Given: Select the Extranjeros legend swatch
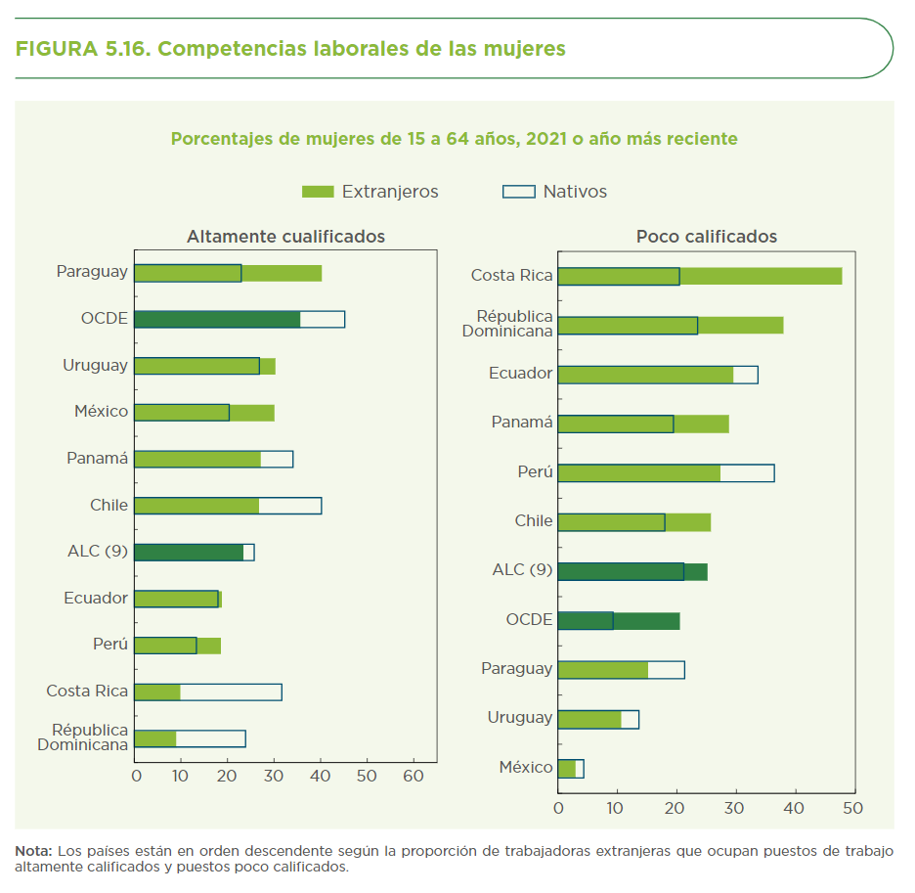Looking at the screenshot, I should (318, 192).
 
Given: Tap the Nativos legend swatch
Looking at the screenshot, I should (518, 192).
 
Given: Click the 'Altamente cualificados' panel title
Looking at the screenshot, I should (285, 237).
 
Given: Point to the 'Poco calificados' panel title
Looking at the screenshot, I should (706, 237).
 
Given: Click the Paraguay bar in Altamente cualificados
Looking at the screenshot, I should (228, 273).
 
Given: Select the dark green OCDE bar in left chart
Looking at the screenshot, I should (217, 319).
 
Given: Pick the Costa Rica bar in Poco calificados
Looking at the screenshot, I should (699, 276).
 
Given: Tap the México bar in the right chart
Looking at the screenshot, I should (570, 769).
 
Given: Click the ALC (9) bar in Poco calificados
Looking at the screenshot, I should (632, 571).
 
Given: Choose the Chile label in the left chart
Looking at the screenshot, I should (109, 506).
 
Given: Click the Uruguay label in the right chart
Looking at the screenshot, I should (519, 718).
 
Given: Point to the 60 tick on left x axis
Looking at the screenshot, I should (414, 776).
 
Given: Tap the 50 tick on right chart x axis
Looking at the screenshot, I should (852, 809).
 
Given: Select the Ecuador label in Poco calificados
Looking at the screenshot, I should (520, 374).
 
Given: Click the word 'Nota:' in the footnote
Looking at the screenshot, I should (34, 851).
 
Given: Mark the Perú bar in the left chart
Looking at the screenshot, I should (177, 646).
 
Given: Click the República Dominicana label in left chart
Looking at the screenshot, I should (83, 737).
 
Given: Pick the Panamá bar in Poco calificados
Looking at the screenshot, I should (642, 424).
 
